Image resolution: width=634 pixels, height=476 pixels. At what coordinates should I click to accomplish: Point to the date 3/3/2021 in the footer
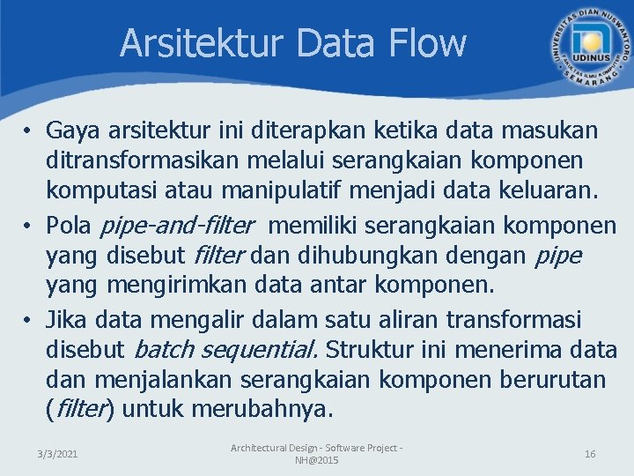pyautogui.click(x=57, y=454)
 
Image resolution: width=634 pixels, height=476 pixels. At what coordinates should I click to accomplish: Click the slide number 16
pyautogui.click(x=590, y=454)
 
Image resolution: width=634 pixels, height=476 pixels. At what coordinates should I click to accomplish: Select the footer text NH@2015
pyautogui.click(x=316, y=461)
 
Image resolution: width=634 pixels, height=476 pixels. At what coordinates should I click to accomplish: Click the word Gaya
pyautogui.click(x=75, y=131)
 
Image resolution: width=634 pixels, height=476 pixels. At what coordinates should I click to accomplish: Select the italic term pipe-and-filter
pyautogui.click(x=177, y=226)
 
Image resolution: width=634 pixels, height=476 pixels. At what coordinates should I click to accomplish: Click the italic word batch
pyautogui.click(x=164, y=350)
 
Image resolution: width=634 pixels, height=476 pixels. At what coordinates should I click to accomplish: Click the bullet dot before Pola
pyautogui.click(x=29, y=227)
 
